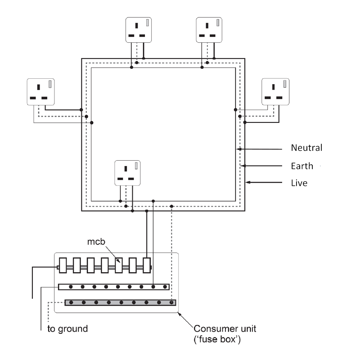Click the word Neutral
tap(306, 148)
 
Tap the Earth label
tap(302, 166)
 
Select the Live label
tap(299, 183)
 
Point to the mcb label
tap(96, 242)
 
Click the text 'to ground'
tap(68, 329)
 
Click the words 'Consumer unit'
tap(225, 328)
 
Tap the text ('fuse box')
tap(217, 339)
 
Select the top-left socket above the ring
tap(139, 30)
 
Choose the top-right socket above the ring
tap(209, 30)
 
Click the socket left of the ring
tap(40, 92)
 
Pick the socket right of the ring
tap(275, 92)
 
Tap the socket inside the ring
tap(127, 173)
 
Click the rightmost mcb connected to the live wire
tap(147, 265)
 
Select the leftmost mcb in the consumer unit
tap(63, 265)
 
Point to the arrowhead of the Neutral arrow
tap(238, 149)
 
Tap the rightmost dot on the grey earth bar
tap(171, 302)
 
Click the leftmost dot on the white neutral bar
tap(71, 287)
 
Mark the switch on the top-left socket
tap(148, 22)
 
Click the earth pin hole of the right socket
tap(273, 87)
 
